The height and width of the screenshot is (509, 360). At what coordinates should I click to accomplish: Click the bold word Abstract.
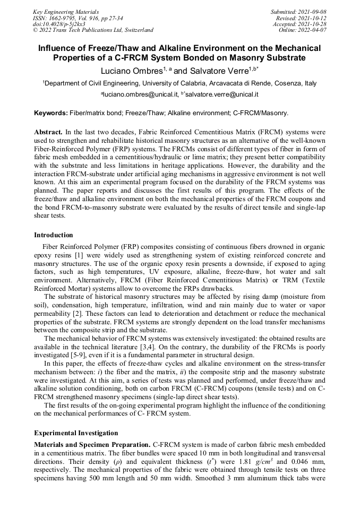point(48,131)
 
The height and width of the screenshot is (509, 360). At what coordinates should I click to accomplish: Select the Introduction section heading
point(54,235)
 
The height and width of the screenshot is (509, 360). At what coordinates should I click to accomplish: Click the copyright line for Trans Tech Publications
point(93,30)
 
